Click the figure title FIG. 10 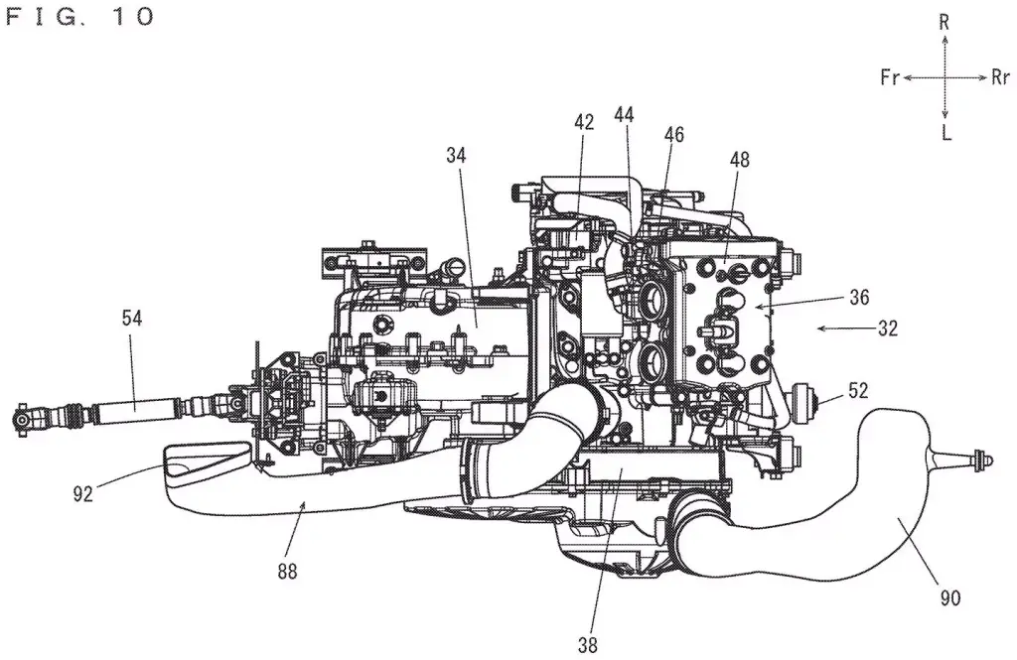[79, 16]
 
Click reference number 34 [456, 156]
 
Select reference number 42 [584, 122]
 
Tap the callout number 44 [624, 115]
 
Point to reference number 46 [674, 134]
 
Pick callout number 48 [739, 160]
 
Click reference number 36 [859, 298]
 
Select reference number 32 [887, 329]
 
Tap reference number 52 [857, 391]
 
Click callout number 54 [131, 319]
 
